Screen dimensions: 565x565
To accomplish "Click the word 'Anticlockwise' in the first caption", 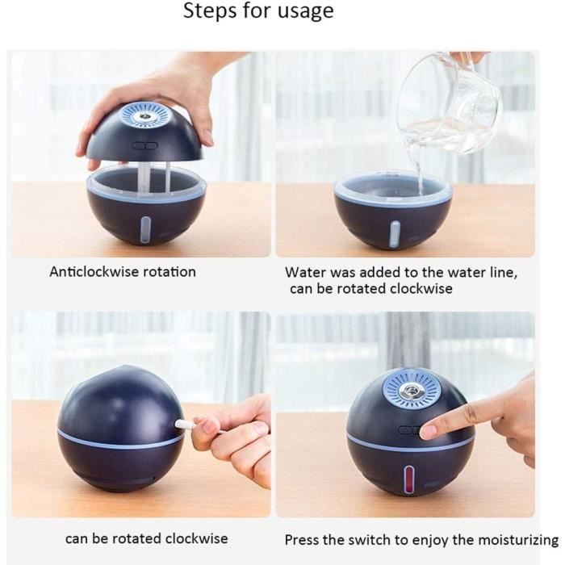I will pyautogui.click(x=94, y=272).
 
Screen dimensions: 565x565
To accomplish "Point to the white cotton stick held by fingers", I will pyautogui.click(x=207, y=426).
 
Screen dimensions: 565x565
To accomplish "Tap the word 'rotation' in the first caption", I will pyautogui.click(x=169, y=272).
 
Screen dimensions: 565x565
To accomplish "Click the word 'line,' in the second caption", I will pyautogui.click(x=501, y=273).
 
